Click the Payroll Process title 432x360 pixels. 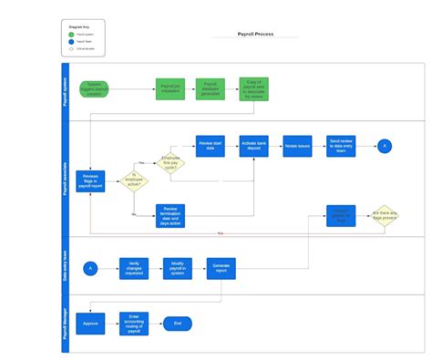(x=254, y=34)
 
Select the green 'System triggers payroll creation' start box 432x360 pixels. (x=95, y=89)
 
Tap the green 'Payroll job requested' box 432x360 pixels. (x=170, y=89)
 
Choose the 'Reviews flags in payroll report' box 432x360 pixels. (x=90, y=180)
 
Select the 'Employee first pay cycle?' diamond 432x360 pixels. (x=170, y=162)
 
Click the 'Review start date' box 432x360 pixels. (x=211, y=145)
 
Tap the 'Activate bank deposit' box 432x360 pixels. (x=254, y=145)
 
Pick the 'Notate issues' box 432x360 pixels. (x=297, y=145)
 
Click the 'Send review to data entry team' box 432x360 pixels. (x=341, y=145)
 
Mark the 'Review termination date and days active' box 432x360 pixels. (x=170, y=214)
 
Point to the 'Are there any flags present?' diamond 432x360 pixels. (x=384, y=216)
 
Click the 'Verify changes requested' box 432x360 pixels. (x=133, y=267)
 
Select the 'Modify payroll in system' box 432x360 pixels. (x=178, y=267)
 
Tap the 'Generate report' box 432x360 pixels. (x=221, y=267)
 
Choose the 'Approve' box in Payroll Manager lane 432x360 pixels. (x=90, y=323)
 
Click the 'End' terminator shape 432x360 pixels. (x=178, y=323)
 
